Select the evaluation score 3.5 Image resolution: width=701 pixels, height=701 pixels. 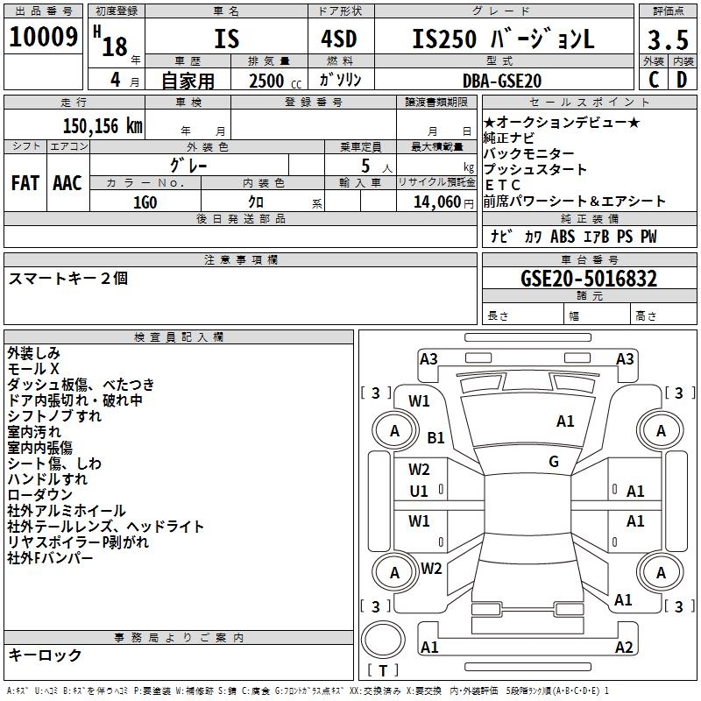click(x=667, y=40)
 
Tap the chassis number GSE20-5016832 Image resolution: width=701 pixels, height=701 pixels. click(x=589, y=279)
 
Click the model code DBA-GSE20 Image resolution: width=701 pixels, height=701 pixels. click(x=502, y=81)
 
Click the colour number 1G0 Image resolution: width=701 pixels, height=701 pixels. click(x=145, y=202)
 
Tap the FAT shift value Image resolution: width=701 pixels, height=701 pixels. click(x=25, y=182)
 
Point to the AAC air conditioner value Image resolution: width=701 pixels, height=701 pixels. click(x=67, y=182)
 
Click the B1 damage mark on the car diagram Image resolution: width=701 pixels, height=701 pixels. click(x=436, y=436)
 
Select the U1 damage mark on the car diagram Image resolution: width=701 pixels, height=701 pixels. click(x=419, y=492)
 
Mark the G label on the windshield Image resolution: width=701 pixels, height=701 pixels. click(x=554, y=462)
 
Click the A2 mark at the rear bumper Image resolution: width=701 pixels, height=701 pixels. click(x=624, y=648)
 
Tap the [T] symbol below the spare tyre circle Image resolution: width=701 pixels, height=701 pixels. click(x=383, y=671)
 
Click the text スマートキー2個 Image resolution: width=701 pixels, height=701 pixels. click(x=68, y=278)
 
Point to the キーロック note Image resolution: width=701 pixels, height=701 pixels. click(x=45, y=655)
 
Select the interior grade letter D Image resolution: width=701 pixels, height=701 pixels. click(x=682, y=80)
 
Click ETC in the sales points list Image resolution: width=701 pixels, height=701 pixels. click(x=503, y=185)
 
